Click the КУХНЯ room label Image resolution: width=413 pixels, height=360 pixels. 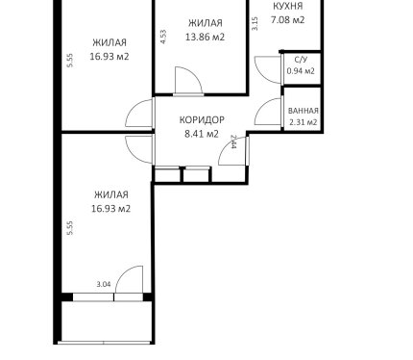pos(288,6)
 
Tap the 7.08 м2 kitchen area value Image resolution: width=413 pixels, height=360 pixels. pos(287,20)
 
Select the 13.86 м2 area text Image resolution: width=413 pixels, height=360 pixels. pos(206,37)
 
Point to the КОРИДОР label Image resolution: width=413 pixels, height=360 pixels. pos(202,120)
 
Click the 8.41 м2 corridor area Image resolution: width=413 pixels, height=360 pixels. pos(202,134)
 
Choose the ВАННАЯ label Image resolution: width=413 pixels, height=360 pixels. pos(304,111)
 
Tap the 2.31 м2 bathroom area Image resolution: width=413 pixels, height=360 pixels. pos(303,122)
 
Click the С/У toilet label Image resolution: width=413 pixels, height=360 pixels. pos(301,60)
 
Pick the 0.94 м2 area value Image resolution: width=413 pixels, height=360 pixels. pos(301,71)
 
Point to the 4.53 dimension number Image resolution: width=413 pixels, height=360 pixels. pos(163,37)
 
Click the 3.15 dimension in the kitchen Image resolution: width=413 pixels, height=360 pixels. pos(255,24)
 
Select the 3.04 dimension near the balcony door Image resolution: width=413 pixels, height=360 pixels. pos(104,284)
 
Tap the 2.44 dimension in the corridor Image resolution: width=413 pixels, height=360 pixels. pos(233,141)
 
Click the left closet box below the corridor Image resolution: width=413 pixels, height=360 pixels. pos(167,175)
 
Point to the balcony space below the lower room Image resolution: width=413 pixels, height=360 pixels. pos(106,321)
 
